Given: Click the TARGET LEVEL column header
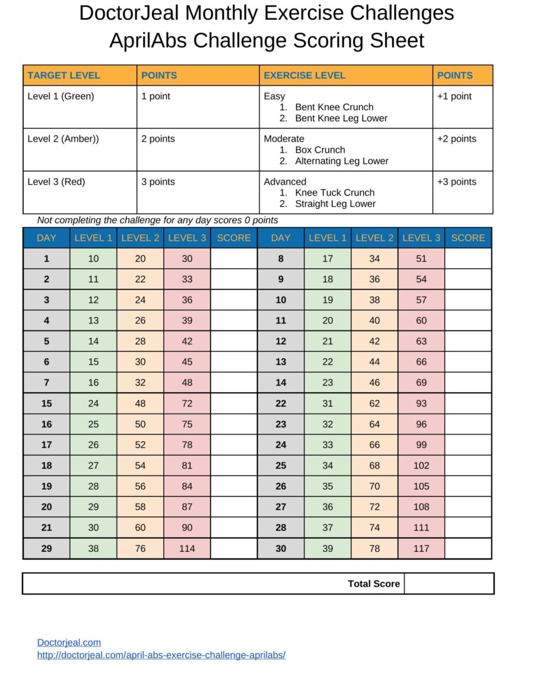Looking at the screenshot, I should (63, 75).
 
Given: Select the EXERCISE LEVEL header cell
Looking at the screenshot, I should (304, 75).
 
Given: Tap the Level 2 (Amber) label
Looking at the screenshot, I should (63, 139).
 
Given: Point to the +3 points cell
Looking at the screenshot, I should (456, 182).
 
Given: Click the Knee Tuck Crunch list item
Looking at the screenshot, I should (335, 192).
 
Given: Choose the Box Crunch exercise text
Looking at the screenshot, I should (320, 150).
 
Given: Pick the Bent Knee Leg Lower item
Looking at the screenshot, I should (341, 118).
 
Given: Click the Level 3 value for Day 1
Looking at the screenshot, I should (187, 258).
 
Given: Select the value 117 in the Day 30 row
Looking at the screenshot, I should (421, 548).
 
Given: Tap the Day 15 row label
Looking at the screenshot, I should (46, 403).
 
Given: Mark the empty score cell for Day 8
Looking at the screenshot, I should (468, 258).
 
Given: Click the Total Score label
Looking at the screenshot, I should (374, 584).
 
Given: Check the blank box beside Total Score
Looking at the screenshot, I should (449, 584).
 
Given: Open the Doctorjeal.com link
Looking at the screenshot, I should (69, 642).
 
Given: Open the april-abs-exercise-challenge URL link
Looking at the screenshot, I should (161, 655).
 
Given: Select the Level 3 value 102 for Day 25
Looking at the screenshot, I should (421, 466).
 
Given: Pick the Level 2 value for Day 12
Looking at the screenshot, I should (374, 342).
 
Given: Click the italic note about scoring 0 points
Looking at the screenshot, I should (157, 220).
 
